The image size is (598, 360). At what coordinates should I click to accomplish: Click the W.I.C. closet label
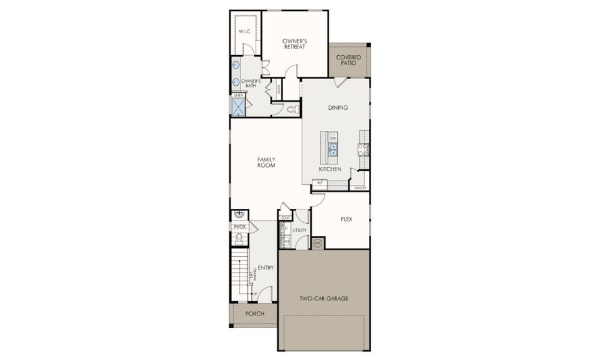[244, 31]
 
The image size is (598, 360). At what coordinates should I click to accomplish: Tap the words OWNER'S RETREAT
[295, 44]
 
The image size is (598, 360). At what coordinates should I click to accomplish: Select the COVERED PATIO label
[348, 61]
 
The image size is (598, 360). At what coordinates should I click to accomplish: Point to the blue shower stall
[239, 107]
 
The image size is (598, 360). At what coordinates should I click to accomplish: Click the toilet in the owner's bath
[292, 110]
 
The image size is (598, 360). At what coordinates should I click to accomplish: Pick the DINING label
[338, 108]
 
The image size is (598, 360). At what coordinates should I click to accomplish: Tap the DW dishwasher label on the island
[333, 138]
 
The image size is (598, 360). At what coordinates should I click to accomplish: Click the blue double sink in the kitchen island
[333, 149]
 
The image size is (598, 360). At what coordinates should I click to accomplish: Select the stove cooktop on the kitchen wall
[363, 149]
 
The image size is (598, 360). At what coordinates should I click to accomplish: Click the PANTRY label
[360, 188]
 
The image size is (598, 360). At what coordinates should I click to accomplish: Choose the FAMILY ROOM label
[266, 162]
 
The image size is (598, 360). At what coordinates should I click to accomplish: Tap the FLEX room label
[345, 219]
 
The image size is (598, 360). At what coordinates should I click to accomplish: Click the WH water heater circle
[317, 243]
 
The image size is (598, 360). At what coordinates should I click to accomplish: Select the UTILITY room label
[299, 230]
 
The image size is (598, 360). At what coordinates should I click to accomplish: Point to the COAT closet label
[286, 217]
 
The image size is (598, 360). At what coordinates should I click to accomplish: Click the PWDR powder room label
[239, 227]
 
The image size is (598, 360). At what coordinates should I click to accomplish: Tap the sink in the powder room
[239, 214]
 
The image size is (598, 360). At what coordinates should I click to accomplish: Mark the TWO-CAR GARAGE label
[324, 298]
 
